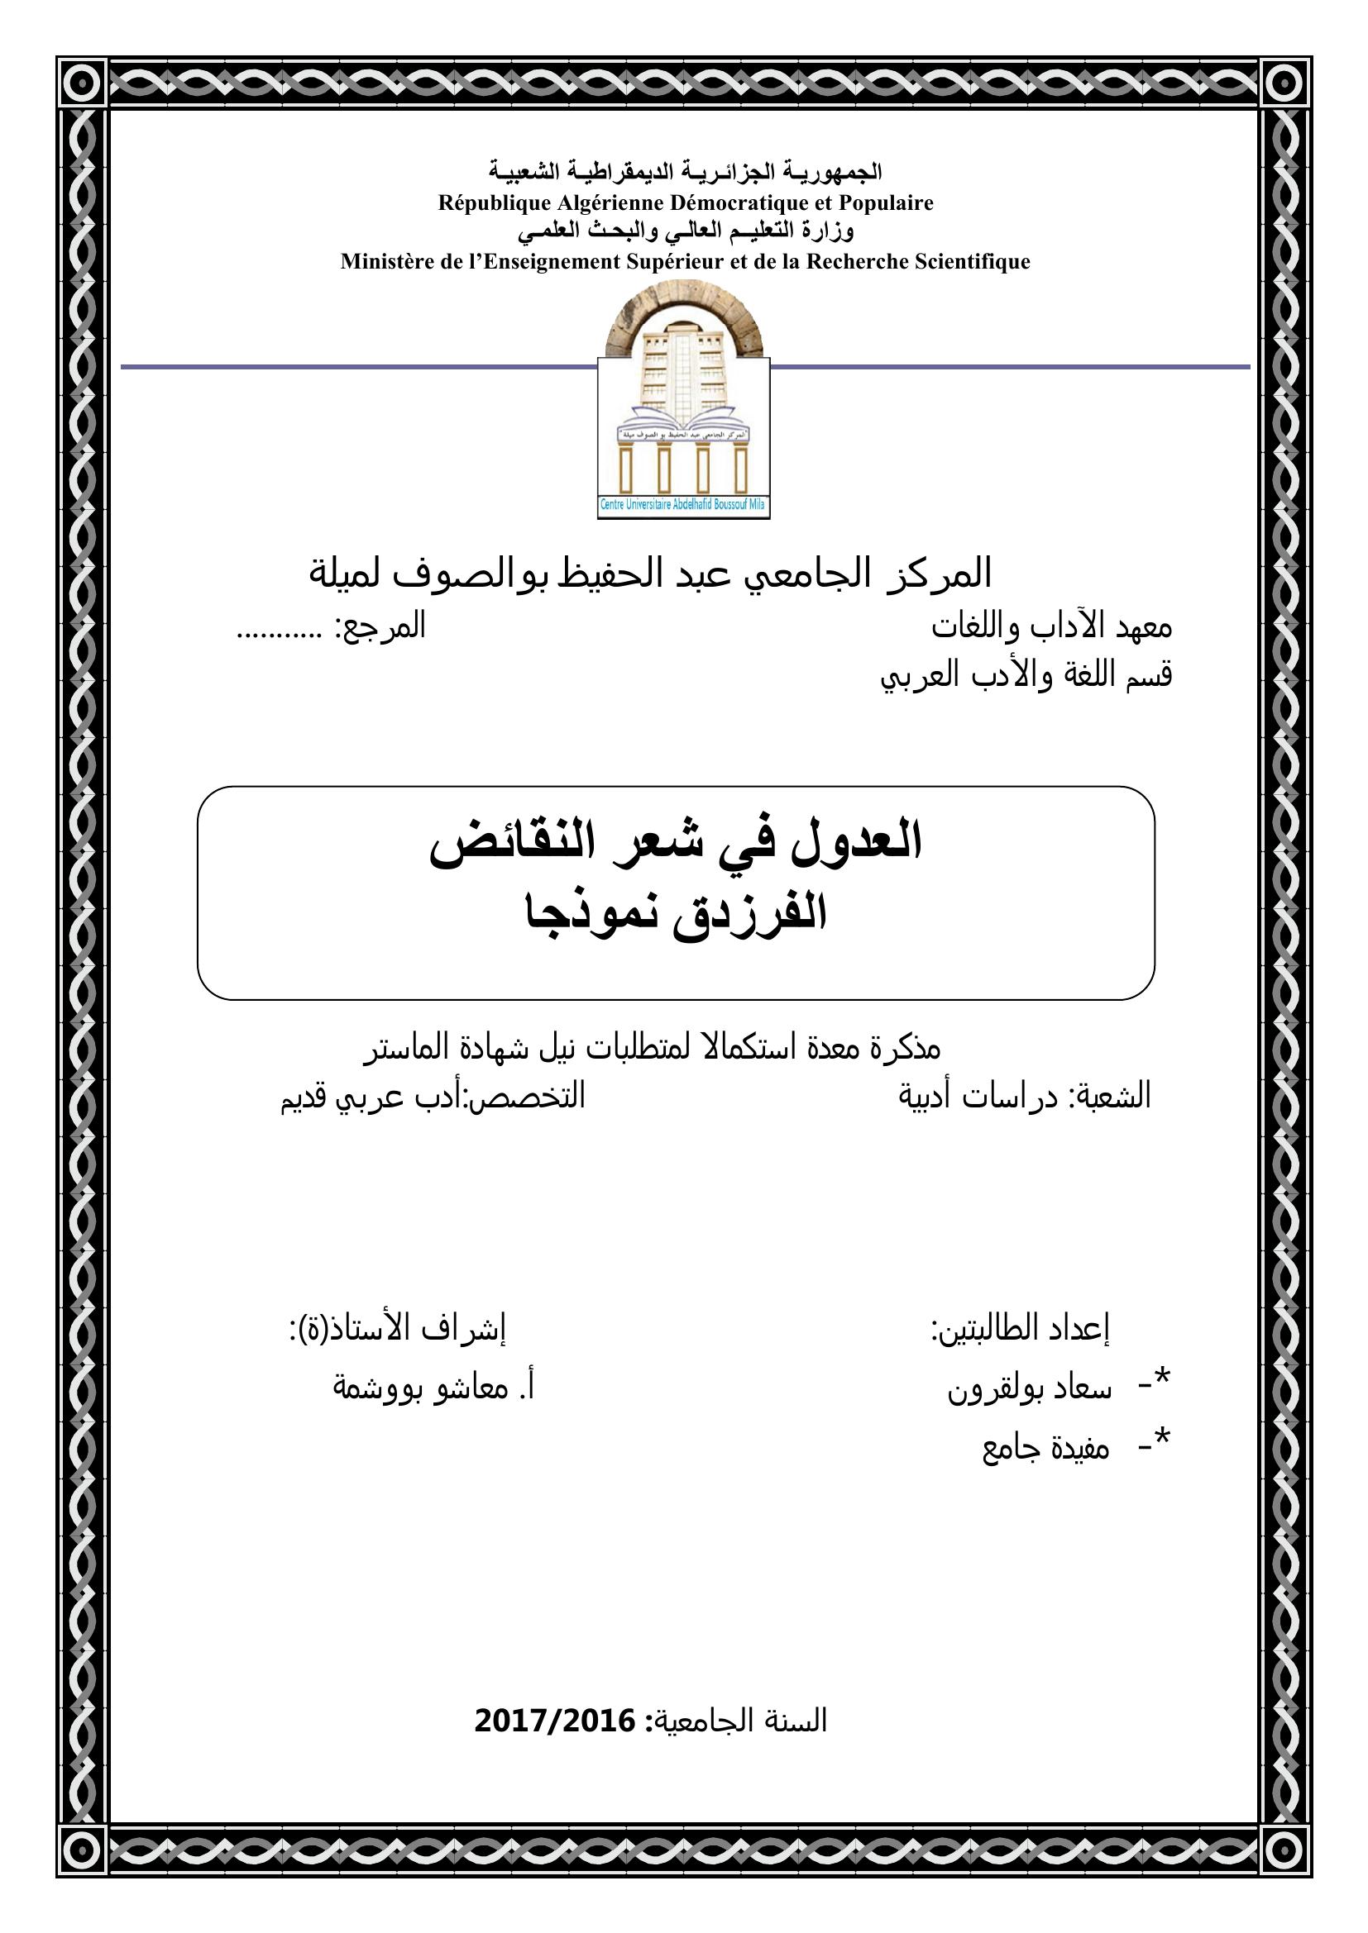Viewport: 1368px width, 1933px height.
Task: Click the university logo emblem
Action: [x=683, y=396]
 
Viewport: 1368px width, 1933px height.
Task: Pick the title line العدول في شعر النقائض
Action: [x=676, y=845]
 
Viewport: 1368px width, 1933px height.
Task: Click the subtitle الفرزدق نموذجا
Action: [x=676, y=913]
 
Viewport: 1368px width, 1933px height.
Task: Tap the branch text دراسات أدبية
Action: [x=977, y=1097]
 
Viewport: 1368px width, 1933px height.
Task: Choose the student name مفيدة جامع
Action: [x=1045, y=1448]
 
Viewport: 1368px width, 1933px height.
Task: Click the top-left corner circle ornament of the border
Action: [x=83, y=83]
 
